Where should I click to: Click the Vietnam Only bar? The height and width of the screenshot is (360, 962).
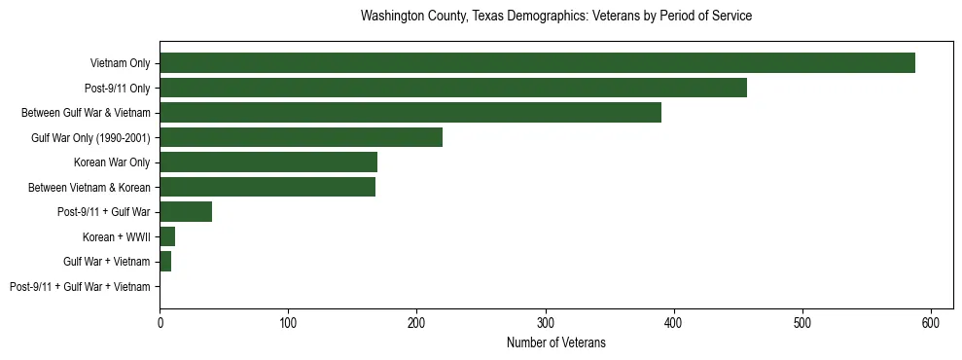point(537,63)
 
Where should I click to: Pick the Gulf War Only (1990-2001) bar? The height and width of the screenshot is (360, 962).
point(302,137)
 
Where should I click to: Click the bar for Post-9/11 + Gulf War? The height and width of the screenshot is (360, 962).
point(186,212)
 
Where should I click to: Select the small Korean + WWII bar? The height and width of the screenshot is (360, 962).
point(167,236)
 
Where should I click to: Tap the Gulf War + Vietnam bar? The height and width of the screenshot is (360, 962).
point(165,262)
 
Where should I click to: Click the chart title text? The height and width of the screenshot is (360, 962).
point(555,17)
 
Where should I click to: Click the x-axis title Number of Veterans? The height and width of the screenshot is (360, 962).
point(555,342)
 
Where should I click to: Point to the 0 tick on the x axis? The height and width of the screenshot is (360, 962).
point(160,320)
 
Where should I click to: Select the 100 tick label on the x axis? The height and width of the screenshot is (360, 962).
point(288,320)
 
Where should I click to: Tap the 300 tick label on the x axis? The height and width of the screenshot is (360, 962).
point(546,320)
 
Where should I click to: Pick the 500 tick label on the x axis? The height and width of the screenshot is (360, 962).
point(802,320)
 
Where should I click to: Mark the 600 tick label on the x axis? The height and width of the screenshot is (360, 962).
point(931,320)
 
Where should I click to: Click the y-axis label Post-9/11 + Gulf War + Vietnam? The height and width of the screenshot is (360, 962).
point(80,287)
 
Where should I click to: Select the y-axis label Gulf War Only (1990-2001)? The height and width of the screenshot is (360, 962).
point(90,138)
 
